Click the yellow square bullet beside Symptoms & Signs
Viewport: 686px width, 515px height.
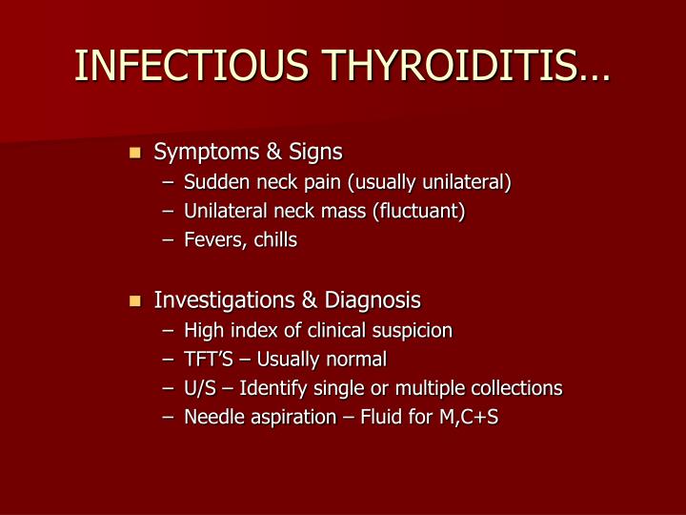pyautogui.click(x=134, y=152)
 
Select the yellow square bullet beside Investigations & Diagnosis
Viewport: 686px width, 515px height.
pyautogui.click(x=134, y=301)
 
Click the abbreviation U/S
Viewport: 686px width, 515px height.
pyautogui.click(x=202, y=389)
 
